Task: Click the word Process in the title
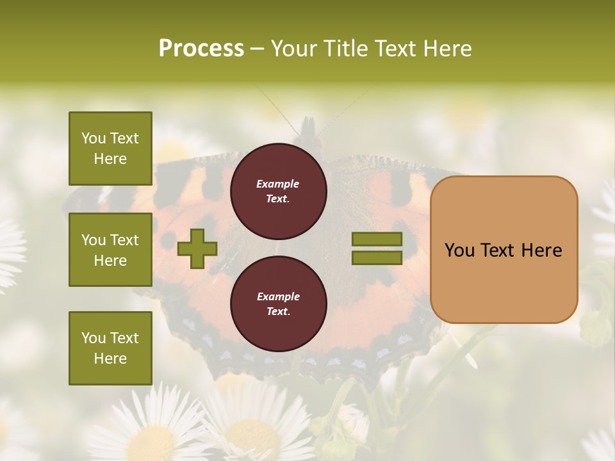point(201,49)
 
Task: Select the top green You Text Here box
point(110,149)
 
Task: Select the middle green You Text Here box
point(110,250)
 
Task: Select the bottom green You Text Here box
point(110,348)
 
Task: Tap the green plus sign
point(197,248)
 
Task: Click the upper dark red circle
point(278,191)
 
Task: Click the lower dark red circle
point(278,304)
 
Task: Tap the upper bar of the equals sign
point(377,239)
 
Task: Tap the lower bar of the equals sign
point(377,258)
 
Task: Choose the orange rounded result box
point(504,250)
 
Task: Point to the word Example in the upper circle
point(277,184)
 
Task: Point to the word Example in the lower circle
point(278,296)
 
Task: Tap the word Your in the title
point(294,49)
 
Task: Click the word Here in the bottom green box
point(110,359)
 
